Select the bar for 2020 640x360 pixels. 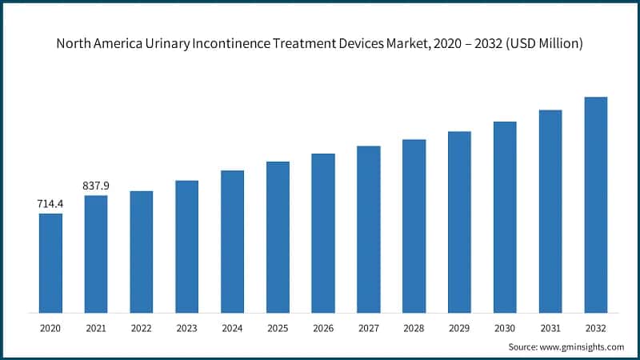(x=50, y=262)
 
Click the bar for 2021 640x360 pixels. (x=96, y=254)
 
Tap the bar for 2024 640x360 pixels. (x=232, y=241)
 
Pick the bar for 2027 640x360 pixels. (x=369, y=229)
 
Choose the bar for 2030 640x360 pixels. (x=505, y=217)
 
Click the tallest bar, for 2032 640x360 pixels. (x=596, y=204)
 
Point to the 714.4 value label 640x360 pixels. (x=50, y=204)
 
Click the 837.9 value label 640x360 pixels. (x=96, y=186)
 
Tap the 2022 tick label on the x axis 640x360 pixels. (x=141, y=328)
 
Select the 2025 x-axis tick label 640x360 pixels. (x=278, y=328)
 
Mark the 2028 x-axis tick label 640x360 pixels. (x=414, y=328)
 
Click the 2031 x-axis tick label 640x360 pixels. (x=550, y=328)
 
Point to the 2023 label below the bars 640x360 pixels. (x=186, y=328)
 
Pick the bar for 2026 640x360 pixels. (x=323, y=233)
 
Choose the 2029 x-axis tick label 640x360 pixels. (x=459, y=328)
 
